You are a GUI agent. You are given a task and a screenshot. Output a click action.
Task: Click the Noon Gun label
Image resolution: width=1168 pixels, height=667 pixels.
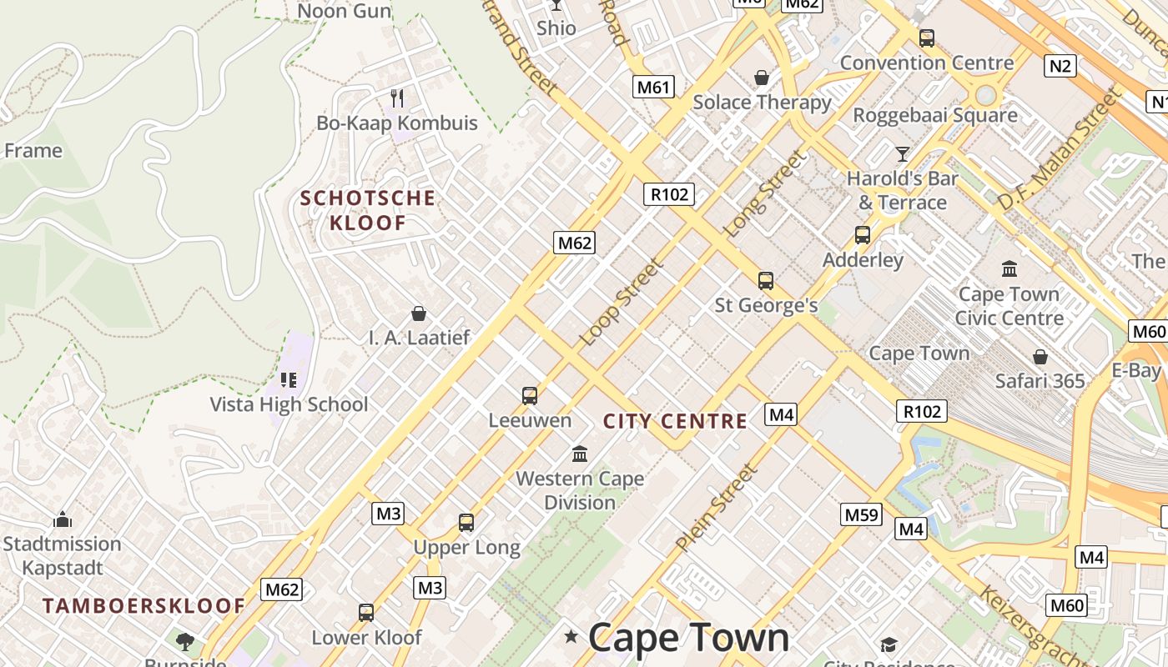[x=345, y=11]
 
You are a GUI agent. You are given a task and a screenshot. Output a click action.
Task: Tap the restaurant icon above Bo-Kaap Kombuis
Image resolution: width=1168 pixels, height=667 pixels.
[x=397, y=98]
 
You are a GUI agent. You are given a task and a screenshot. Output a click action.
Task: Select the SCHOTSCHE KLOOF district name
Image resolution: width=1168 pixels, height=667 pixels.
[x=367, y=210]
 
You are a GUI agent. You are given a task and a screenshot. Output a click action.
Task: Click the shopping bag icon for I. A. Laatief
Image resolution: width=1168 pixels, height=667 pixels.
[x=419, y=313]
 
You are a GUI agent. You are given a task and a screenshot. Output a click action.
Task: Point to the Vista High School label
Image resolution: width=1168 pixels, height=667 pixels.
[x=289, y=404]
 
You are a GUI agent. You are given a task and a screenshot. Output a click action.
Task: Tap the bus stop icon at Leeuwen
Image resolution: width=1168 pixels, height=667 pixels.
[x=529, y=395]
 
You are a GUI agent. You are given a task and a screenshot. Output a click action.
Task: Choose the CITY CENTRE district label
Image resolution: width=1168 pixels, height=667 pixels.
[x=675, y=421]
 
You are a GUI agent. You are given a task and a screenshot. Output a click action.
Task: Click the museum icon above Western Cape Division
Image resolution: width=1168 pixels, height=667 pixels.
[x=580, y=454]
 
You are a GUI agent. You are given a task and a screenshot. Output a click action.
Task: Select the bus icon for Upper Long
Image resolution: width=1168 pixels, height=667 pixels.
[x=466, y=523]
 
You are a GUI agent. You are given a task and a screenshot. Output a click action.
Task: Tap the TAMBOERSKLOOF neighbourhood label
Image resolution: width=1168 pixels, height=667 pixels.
[x=144, y=606]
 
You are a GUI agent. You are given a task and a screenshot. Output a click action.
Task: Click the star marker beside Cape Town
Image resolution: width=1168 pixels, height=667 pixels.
[x=571, y=638]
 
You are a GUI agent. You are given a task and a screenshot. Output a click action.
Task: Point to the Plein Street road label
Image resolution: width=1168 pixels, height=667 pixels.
[x=717, y=508]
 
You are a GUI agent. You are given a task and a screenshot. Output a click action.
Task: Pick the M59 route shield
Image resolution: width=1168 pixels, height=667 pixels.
[x=861, y=514]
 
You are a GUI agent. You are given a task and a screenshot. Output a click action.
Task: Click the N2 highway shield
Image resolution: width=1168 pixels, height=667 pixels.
[x=1060, y=65]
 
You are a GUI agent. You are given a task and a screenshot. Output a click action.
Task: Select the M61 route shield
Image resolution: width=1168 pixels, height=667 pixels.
[x=653, y=87]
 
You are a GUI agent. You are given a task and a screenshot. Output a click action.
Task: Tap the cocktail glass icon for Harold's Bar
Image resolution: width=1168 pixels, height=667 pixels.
[x=902, y=154]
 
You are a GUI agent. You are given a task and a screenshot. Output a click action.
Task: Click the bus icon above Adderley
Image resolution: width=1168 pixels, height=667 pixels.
[x=863, y=235]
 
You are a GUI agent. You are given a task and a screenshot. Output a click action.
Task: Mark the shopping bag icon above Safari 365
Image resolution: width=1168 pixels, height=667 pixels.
[x=1040, y=357]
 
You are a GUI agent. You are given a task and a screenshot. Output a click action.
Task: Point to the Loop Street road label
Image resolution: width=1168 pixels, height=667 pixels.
[x=622, y=302]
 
